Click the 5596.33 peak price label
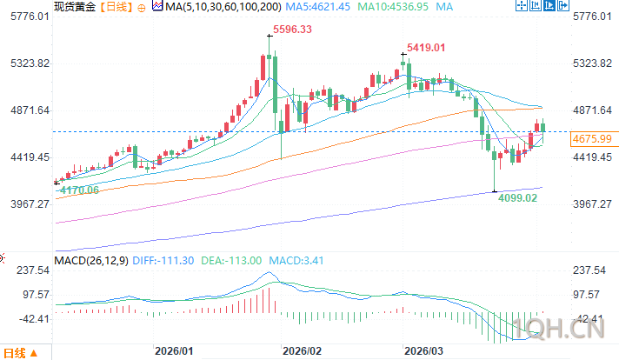(292, 30)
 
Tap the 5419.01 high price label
(425, 47)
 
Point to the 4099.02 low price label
(518, 198)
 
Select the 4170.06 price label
(76, 190)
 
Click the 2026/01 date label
(173, 351)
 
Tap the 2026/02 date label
(303, 351)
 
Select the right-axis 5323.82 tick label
(594, 64)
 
